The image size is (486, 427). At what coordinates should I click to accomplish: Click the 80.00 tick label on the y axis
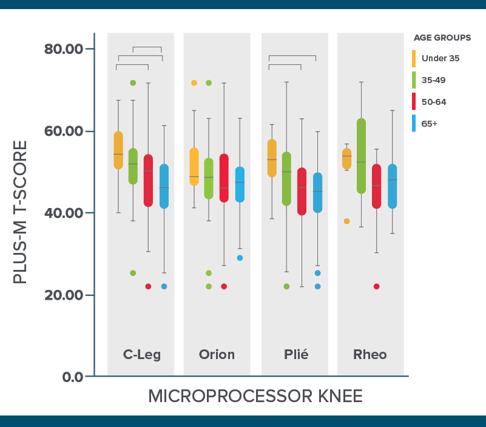64,49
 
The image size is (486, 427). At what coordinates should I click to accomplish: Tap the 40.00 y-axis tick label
64,213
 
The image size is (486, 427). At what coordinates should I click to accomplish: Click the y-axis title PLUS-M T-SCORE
21,212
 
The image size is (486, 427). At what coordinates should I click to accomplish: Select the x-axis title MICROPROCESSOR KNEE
255,397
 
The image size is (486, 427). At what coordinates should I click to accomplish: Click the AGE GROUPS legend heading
442,38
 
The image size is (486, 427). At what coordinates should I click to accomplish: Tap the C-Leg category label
142,355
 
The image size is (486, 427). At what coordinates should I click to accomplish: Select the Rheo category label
370,355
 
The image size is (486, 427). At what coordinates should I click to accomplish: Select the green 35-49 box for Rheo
361,156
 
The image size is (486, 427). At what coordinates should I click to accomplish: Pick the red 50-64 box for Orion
224,178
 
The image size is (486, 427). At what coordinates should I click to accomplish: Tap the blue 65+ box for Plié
317,192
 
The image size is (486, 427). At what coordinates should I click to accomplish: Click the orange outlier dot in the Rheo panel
346,221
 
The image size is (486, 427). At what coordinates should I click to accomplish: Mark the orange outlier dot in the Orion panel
194,82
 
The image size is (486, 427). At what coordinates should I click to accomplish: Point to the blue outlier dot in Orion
240,258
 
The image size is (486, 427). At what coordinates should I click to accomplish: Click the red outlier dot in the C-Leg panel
148,286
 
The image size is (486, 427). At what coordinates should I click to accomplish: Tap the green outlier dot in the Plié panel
286,286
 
